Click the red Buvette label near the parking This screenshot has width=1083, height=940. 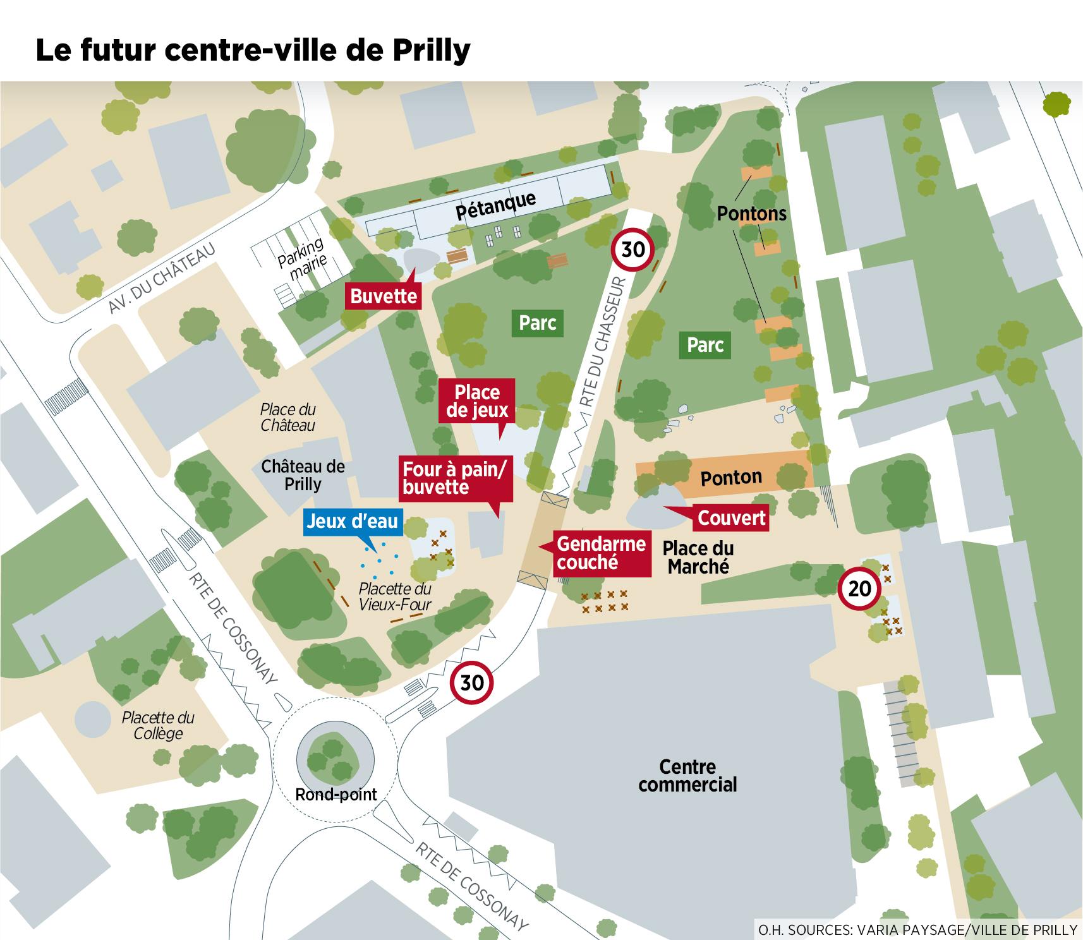point(384,296)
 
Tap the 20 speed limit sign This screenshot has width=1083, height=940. point(859,589)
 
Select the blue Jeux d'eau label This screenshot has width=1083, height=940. point(352,521)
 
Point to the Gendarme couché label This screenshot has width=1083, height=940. point(601,553)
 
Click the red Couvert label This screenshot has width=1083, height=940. point(731,518)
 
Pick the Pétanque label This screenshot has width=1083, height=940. point(495,206)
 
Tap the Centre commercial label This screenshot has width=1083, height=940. point(687,776)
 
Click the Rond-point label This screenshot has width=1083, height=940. point(336,794)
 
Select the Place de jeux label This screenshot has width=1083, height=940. point(477,401)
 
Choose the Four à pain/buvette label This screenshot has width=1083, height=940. point(454,478)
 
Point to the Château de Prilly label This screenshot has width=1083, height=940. point(303,475)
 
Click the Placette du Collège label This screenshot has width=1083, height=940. point(158,725)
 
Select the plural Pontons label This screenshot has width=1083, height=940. point(751,214)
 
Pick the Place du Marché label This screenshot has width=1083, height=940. point(698,557)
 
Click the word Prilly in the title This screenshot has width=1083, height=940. point(432,51)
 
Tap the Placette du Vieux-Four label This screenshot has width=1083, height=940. point(395,596)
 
